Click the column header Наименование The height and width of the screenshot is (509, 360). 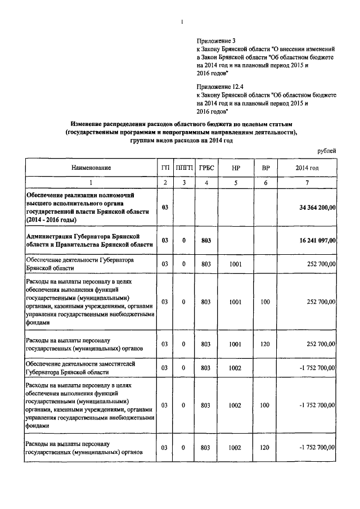click(91, 168)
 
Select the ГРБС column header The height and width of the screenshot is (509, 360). click(206, 168)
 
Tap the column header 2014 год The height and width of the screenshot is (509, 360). click(307, 168)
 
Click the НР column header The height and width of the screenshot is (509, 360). click(235, 168)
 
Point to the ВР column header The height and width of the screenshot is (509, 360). click(265, 168)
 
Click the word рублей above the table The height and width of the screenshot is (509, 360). click(326, 151)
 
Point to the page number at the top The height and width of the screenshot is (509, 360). click(182, 22)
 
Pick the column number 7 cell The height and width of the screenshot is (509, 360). click(307, 182)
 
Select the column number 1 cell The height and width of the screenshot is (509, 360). click(91, 182)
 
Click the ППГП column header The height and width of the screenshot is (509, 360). click(184, 168)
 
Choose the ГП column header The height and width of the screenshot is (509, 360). click(165, 168)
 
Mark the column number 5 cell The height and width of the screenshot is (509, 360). click(235, 182)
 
